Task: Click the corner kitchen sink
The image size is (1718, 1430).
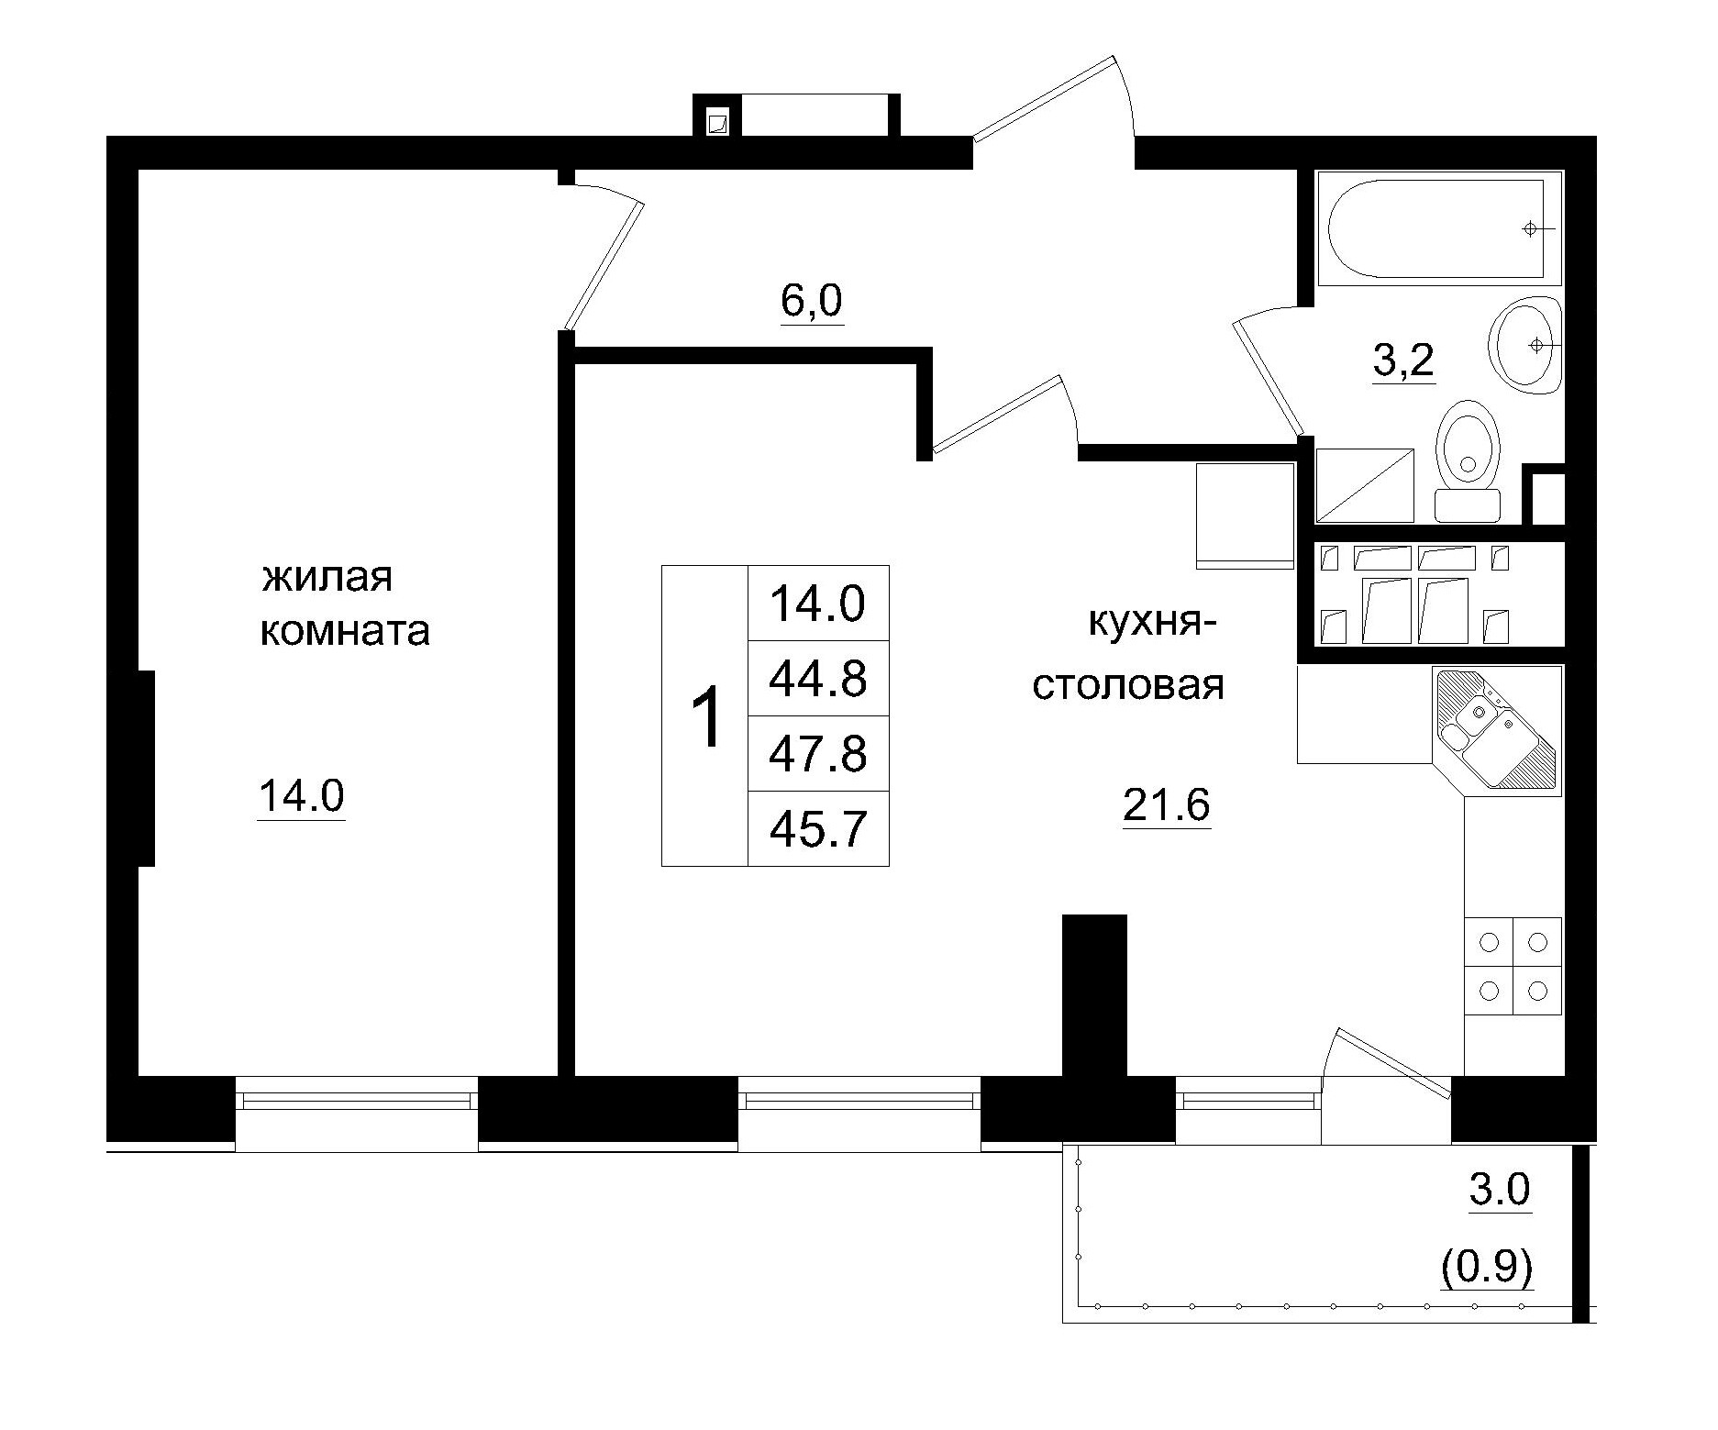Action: point(1494,729)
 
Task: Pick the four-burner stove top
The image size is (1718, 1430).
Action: point(1513,966)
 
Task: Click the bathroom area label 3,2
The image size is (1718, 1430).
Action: point(1402,362)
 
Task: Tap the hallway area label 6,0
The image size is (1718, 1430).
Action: point(812,301)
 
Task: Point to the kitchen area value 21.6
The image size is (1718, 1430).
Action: point(1167,805)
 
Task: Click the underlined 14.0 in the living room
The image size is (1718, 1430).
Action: point(301,795)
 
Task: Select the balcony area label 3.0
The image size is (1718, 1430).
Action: point(1501,1190)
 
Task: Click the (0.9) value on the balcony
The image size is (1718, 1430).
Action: point(1487,1269)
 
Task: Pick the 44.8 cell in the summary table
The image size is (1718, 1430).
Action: point(817,679)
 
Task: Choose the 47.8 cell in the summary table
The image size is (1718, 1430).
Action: point(817,754)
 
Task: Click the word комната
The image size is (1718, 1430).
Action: point(345,632)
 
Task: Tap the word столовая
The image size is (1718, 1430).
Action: point(1128,685)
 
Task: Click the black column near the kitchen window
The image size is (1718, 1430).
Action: point(1093,995)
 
